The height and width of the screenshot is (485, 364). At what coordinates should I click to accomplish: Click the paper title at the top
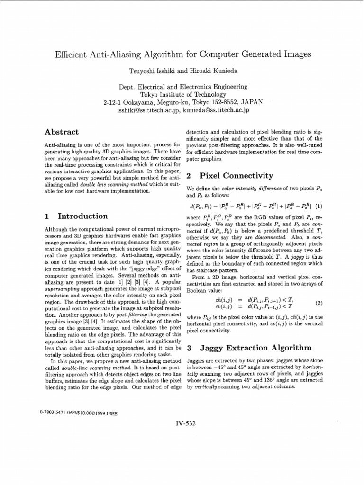[x=183, y=54]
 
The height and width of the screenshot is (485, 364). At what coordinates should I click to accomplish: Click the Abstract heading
[x=62, y=132]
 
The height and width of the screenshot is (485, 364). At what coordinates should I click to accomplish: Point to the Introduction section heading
[x=76, y=216]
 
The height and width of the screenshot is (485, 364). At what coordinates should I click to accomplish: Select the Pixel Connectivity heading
[x=230, y=176]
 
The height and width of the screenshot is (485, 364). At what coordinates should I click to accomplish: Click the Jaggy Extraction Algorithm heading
[x=248, y=348]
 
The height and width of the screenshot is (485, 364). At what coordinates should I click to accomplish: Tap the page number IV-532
[x=184, y=423]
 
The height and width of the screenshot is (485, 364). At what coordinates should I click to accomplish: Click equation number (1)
[x=318, y=206]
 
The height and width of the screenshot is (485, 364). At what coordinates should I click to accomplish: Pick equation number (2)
[x=318, y=302]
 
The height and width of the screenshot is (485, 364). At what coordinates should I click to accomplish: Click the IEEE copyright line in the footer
[x=79, y=413]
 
